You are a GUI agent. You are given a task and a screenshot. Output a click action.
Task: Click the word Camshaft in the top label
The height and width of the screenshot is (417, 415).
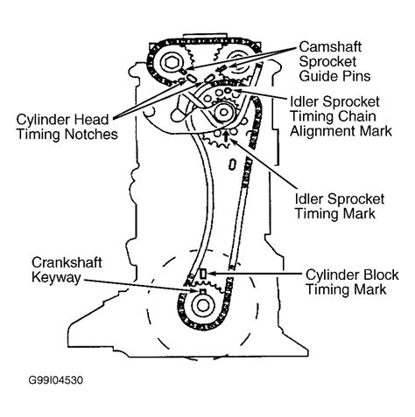pos(330,46)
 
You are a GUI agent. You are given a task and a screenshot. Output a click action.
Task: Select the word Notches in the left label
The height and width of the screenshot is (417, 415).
pos(91,134)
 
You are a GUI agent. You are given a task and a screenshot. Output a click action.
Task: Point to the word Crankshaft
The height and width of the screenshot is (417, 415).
pos(67,262)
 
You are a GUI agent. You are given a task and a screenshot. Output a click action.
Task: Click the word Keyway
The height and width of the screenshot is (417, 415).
pos(56,277)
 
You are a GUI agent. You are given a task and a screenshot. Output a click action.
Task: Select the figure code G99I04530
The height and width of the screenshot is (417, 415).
pos(56,380)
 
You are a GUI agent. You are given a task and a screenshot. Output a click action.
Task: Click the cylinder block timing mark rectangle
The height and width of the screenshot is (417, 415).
pos(203,274)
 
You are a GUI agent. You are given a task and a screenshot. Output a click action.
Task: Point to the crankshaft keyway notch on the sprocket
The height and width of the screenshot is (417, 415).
pos(202,290)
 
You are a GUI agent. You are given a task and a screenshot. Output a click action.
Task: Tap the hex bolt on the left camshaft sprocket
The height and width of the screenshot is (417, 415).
pos(169,62)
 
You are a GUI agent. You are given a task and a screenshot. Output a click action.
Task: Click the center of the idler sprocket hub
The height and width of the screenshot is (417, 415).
pos(223,112)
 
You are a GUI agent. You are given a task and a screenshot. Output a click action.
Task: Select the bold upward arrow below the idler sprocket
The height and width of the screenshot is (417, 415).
pos(225,136)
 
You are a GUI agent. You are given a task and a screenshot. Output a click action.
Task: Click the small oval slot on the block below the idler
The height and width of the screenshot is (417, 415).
pos(232,164)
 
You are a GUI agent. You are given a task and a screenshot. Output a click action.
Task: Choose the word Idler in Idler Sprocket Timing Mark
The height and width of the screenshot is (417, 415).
pos(309,199)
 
